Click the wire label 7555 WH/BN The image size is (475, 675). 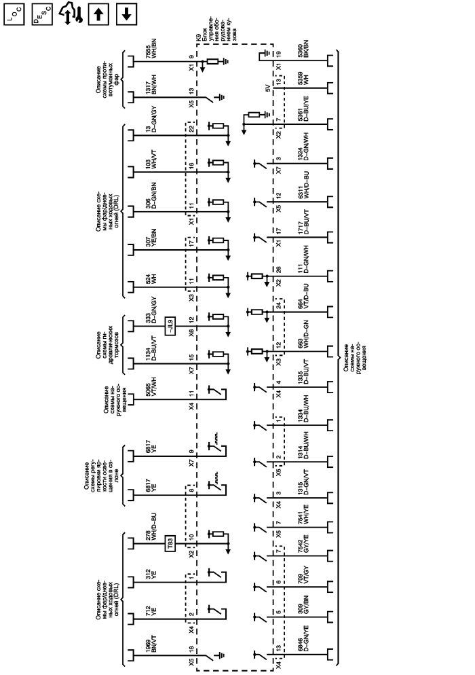tap(151, 65)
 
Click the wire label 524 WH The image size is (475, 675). tap(151, 279)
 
